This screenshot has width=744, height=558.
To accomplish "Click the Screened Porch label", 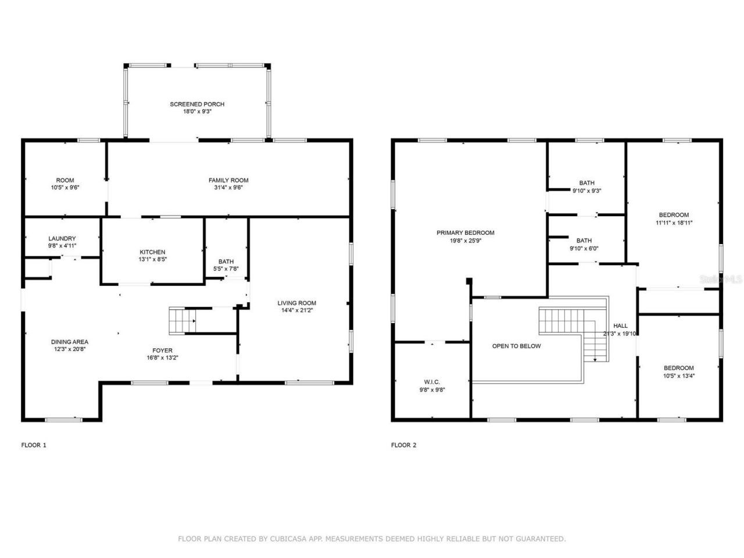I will pos(196,104).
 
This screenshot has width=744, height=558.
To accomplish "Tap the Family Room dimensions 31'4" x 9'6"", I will pos(228,188).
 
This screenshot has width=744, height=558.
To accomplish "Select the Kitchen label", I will pos(152,252).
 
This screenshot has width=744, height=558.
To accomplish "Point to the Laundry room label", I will pos(62,238).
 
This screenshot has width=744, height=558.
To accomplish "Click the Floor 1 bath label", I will pos(226,261).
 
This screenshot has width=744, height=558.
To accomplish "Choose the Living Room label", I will pos(296,303).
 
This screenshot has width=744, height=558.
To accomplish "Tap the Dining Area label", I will pos(69,342).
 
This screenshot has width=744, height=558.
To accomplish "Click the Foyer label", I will pos(162,350).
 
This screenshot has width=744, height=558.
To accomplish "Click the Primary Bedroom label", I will pos(465,233).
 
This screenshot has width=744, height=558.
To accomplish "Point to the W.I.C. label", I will pos(432,382).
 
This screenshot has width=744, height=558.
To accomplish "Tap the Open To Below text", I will pos(516,346).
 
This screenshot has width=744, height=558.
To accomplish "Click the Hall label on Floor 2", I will pos(620,326).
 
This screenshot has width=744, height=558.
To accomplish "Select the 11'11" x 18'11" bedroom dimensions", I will pos(674,222).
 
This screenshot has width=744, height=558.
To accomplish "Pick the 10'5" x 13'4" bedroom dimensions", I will pos(678,375).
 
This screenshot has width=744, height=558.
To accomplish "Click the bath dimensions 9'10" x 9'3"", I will pos(586,191).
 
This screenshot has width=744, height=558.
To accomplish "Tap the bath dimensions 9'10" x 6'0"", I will pos(584,248).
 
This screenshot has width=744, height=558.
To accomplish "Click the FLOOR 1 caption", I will pos(34,445).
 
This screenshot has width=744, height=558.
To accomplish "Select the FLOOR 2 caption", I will pos(403,445).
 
